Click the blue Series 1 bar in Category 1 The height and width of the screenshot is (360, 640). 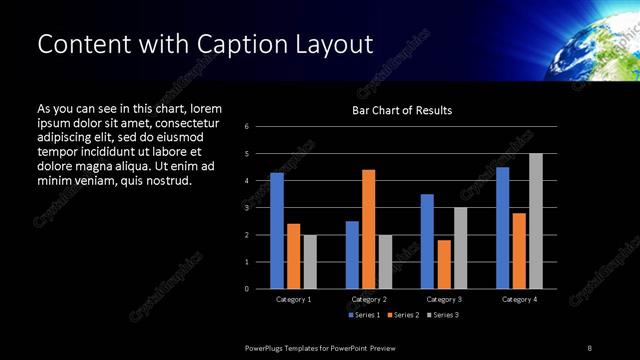pyautogui.click(x=277, y=231)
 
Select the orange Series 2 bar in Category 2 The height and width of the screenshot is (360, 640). pyautogui.click(x=368, y=229)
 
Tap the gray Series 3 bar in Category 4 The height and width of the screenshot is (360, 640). pyautogui.click(x=536, y=221)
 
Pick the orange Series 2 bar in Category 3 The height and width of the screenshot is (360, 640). pyautogui.click(x=444, y=264)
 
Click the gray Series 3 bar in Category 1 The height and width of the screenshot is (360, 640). pyautogui.click(x=310, y=262)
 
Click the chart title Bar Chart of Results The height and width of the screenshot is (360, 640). pyautogui.click(x=402, y=110)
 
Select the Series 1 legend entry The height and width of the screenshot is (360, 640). pyautogui.click(x=363, y=315)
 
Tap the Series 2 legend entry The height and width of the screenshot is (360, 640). pyautogui.click(x=402, y=315)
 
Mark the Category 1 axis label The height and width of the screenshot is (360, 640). pyautogui.click(x=293, y=299)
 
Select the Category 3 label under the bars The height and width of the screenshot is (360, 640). pyautogui.click(x=443, y=299)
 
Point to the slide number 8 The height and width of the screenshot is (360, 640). pyautogui.click(x=589, y=347)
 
